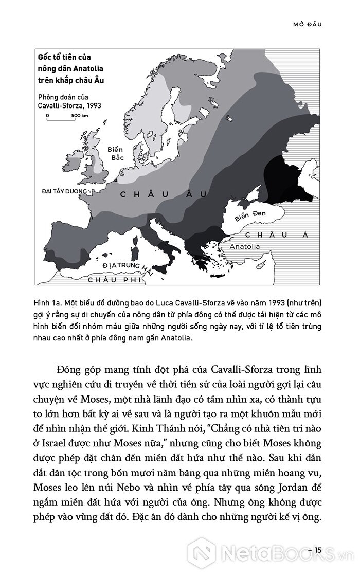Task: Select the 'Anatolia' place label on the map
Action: coord(244,246)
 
